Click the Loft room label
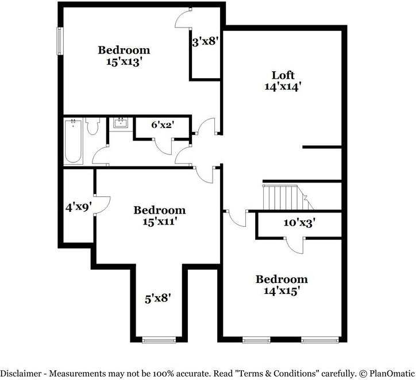283,75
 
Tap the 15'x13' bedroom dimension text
124,62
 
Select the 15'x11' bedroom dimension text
159,222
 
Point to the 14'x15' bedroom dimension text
281,291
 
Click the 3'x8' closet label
205,41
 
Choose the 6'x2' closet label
163,124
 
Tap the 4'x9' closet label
78,207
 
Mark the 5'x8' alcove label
157,298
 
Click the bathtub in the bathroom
73,141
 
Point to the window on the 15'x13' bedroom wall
59,41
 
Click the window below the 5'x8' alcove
157,340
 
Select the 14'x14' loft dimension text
283,87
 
